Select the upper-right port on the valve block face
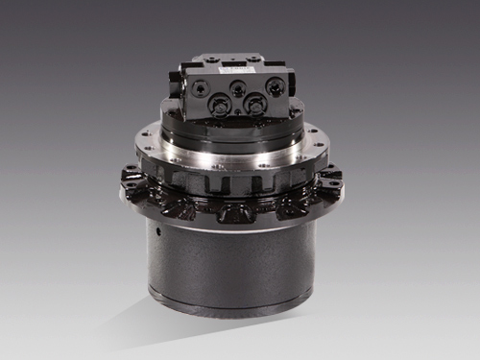pos(274,85)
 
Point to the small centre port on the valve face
pos(238,88)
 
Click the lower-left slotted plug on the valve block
pos(219,104)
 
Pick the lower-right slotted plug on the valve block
pos(255,102)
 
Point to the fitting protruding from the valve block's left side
pos(177,84)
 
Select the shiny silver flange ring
pos(230,155)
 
